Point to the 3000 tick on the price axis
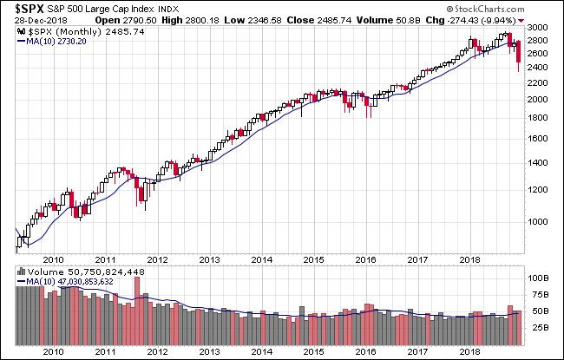click(x=538, y=29)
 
